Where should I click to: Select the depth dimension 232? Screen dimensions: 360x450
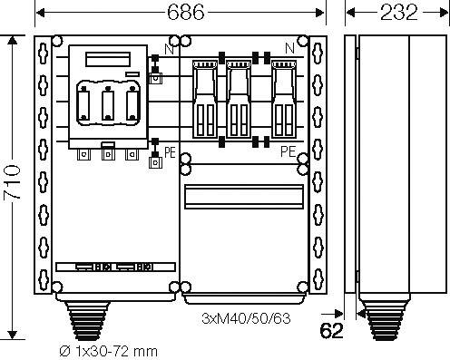point(397,13)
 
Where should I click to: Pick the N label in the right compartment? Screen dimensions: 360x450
point(289,48)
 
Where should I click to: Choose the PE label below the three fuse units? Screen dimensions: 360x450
point(288,151)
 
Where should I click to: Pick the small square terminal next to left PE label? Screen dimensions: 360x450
point(154,164)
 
